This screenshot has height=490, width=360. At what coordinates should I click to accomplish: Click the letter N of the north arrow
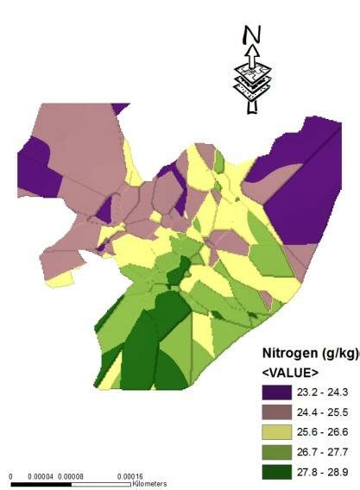tap(252, 34)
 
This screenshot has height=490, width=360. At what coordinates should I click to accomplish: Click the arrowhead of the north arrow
tap(251, 51)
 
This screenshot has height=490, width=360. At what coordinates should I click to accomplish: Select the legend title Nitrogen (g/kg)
tap(310, 355)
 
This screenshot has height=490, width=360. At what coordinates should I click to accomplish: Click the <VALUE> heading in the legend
tap(291, 373)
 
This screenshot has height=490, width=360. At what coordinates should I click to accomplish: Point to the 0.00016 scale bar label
tap(130, 476)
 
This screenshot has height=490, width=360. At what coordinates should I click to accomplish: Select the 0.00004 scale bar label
tap(40, 476)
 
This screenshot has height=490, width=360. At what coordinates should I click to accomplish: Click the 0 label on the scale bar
tap(11, 476)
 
